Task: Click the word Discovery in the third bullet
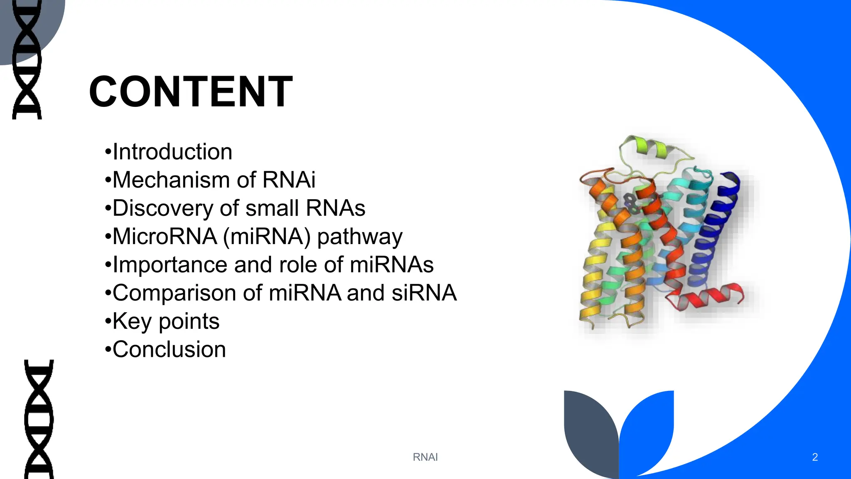coord(162,208)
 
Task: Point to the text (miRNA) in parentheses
coord(266,237)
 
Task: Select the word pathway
coord(359,237)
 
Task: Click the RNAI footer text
coord(425,457)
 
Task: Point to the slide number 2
coord(814,457)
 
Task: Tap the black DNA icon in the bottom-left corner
coord(39,419)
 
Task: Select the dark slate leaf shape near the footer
coord(590,432)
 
